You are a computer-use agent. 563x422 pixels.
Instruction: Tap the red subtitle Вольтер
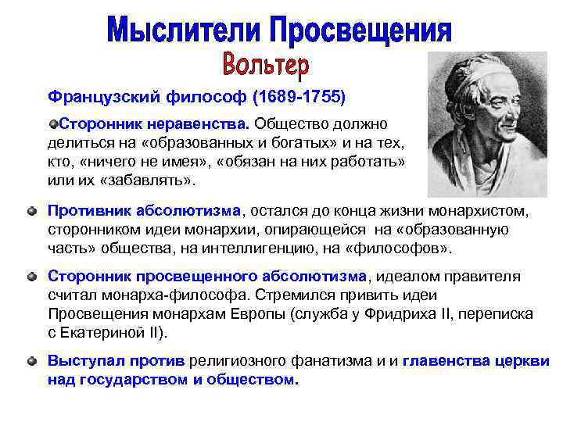pos(265,65)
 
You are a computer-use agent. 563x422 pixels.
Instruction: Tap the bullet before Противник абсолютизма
pos(30,211)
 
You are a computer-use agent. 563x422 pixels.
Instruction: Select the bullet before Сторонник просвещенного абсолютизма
pos(30,277)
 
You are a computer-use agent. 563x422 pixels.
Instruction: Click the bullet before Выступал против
pos(30,362)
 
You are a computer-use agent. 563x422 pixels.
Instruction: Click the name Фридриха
pos(429,313)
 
